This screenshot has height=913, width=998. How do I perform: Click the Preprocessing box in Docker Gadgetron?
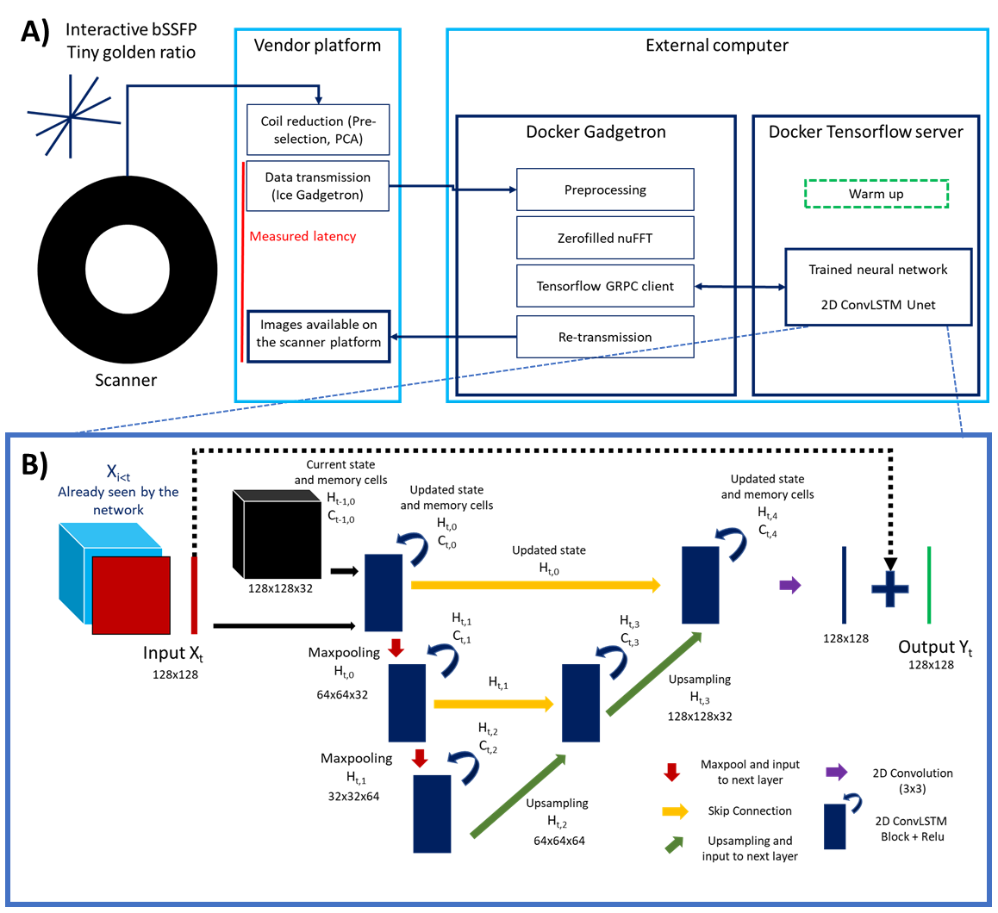(605, 189)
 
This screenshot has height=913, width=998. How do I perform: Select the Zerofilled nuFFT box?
(605, 238)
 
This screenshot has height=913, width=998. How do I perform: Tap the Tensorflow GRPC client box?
(605, 286)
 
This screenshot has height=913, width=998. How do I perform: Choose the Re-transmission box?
(605, 337)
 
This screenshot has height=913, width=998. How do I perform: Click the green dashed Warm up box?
(876, 194)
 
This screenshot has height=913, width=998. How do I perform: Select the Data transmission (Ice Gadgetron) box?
(318, 185)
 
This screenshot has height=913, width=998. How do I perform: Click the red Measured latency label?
(303, 236)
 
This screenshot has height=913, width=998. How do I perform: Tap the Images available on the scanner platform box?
(319, 333)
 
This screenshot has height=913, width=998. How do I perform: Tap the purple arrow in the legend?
(835, 773)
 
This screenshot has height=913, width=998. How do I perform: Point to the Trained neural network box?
(877, 287)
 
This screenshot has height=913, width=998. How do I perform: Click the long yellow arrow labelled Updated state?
(535, 585)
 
